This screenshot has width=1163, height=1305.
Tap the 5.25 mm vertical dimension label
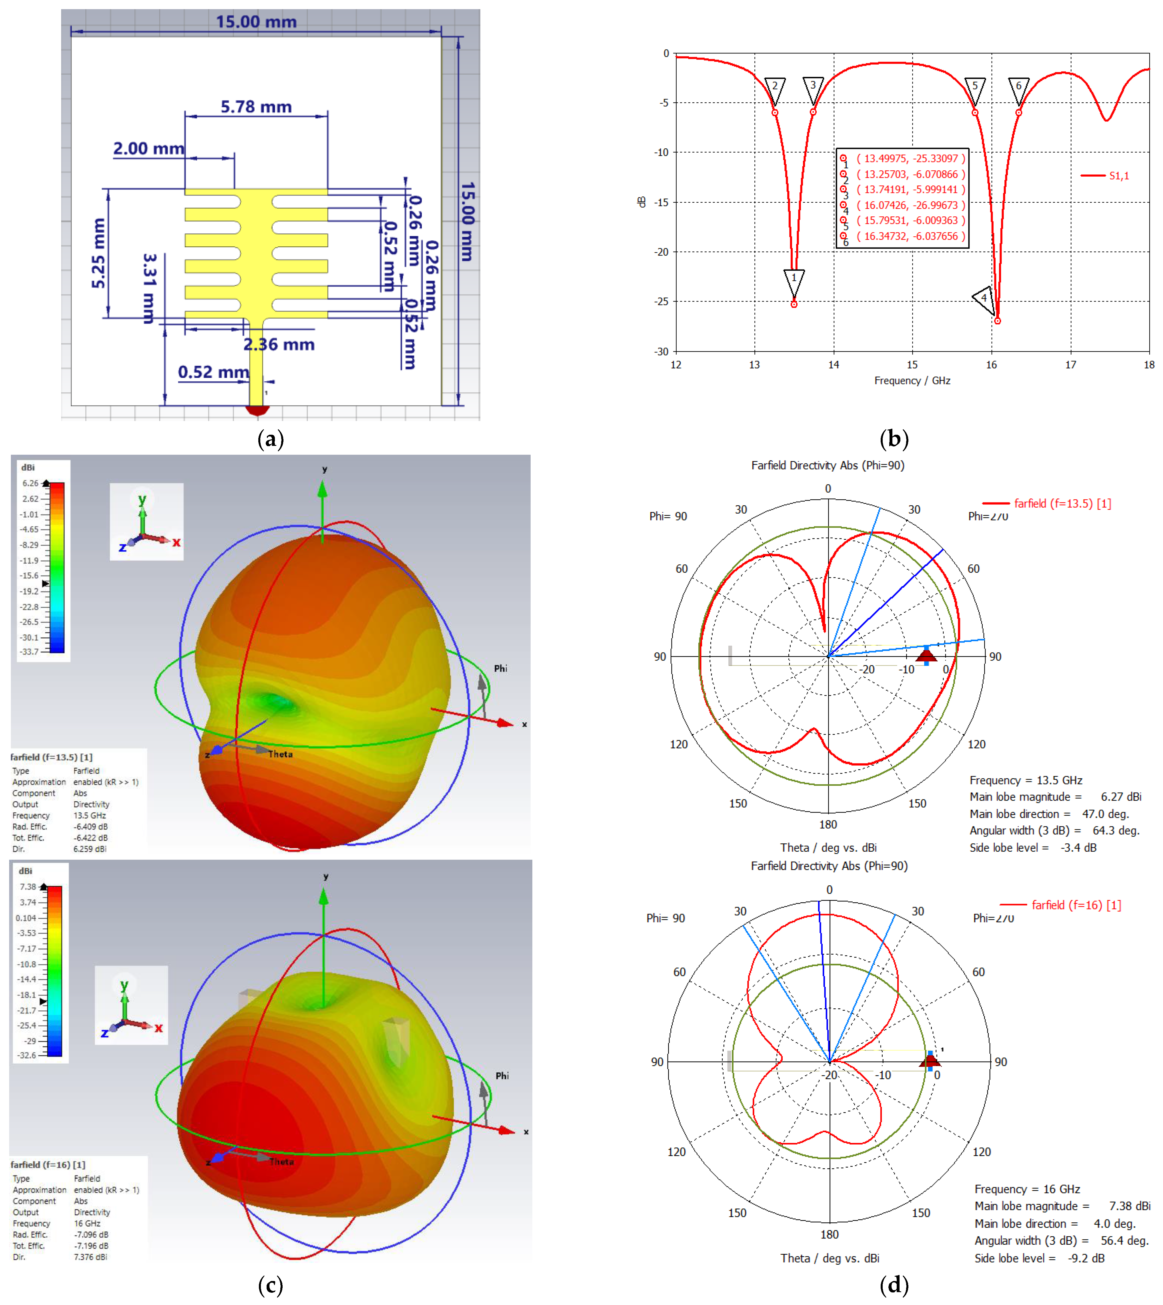coord(98,253)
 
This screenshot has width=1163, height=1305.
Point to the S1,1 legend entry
coord(1118,176)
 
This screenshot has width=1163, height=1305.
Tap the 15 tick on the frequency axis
coord(912,364)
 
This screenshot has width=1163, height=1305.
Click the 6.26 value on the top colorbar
coord(30,483)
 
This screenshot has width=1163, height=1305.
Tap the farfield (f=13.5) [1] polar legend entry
coord(1062,504)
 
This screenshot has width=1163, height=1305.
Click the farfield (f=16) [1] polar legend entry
coord(1076,905)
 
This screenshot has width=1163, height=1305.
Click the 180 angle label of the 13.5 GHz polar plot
coord(828,824)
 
